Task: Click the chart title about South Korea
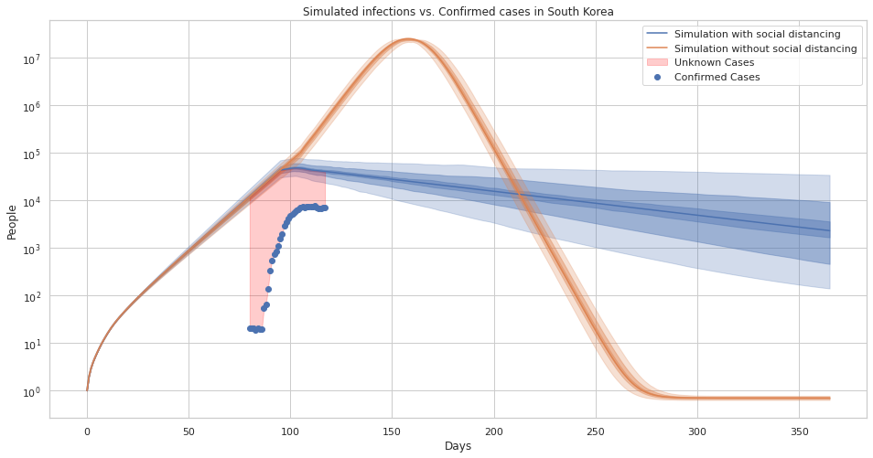458,12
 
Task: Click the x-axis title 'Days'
458,446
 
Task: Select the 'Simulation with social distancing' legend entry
757,34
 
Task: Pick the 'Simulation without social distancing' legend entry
765,48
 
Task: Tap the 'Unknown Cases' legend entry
714,62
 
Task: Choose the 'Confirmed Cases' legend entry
717,77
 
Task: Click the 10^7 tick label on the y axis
30,59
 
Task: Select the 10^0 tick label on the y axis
30,391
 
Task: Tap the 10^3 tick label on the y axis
30,249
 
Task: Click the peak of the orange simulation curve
409,39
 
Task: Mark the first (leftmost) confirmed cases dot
250,328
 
